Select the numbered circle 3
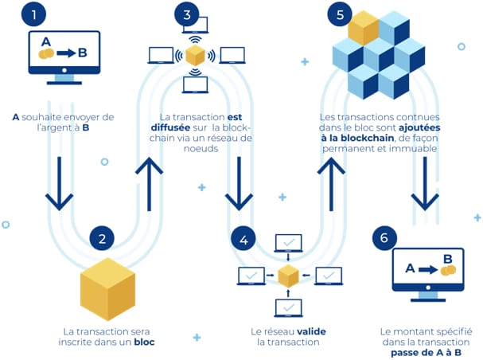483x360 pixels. [186, 14]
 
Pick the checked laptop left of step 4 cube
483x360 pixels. [251, 276]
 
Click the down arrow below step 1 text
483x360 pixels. [60, 182]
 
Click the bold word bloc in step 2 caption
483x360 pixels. [143, 342]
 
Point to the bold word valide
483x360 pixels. [311, 331]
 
